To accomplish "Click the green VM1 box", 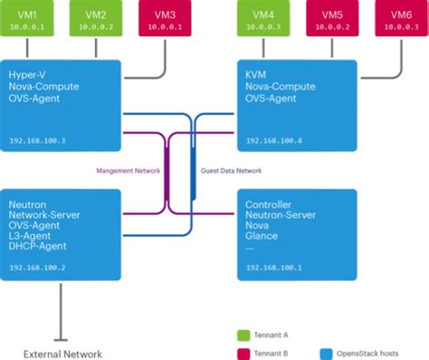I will point(29,21).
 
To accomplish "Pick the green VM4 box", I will point(264,21).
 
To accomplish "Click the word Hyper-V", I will point(28,73).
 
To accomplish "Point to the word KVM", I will point(256,73).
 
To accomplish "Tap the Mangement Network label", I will point(128,169).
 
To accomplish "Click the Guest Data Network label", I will point(229,169).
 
